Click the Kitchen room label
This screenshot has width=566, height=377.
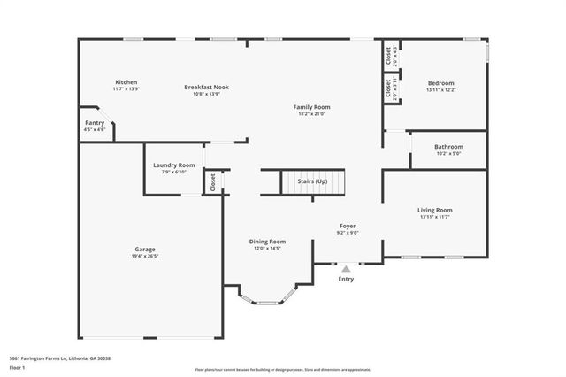pyautogui.click(x=126, y=81)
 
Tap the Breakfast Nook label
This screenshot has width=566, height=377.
pyautogui.click(x=207, y=87)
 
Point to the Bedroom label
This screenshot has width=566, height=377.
pyautogui.click(x=441, y=82)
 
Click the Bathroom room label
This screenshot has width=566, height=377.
pyautogui.click(x=448, y=147)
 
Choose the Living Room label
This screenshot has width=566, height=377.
pyautogui.click(x=441, y=210)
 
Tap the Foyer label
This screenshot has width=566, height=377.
pyautogui.click(x=348, y=227)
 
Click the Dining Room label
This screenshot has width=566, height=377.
pyautogui.click(x=266, y=242)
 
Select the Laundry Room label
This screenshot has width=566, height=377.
pyautogui.click(x=173, y=165)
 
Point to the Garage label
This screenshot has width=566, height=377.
pyautogui.click(x=145, y=249)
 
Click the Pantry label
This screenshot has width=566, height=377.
pyautogui.click(x=95, y=123)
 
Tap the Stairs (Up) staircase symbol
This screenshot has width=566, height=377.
pyautogui.click(x=311, y=182)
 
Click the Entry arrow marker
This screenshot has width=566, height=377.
pyautogui.click(x=346, y=267)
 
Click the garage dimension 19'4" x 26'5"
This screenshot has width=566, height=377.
pyautogui.click(x=145, y=257)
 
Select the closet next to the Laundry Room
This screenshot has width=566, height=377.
pyautogui.click(x=213, y=181)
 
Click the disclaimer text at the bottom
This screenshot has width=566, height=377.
pyautogui.click(x=282, y=369)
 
